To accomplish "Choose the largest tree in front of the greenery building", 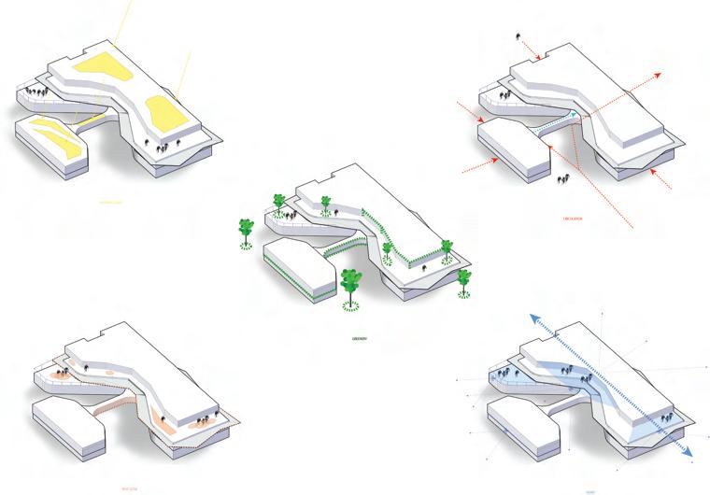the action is (x=351, y=282).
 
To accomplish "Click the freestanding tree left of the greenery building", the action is (x=246, y=231).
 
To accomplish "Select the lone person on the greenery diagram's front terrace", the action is (x=424, y=270).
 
